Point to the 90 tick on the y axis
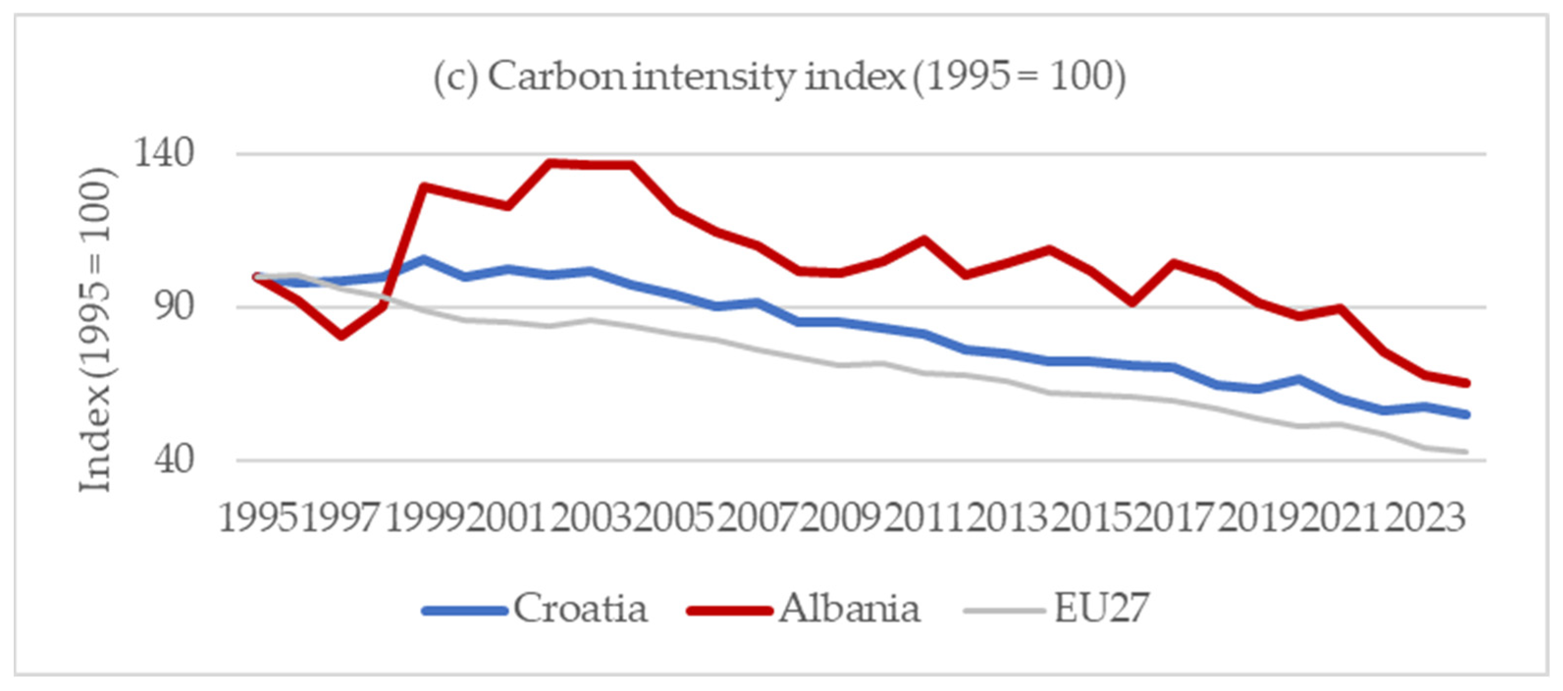[x=175, y=307]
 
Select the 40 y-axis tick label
[x=175, y=460]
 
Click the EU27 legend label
[x=1101, y=608]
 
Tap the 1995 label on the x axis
[x=259, y=519]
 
